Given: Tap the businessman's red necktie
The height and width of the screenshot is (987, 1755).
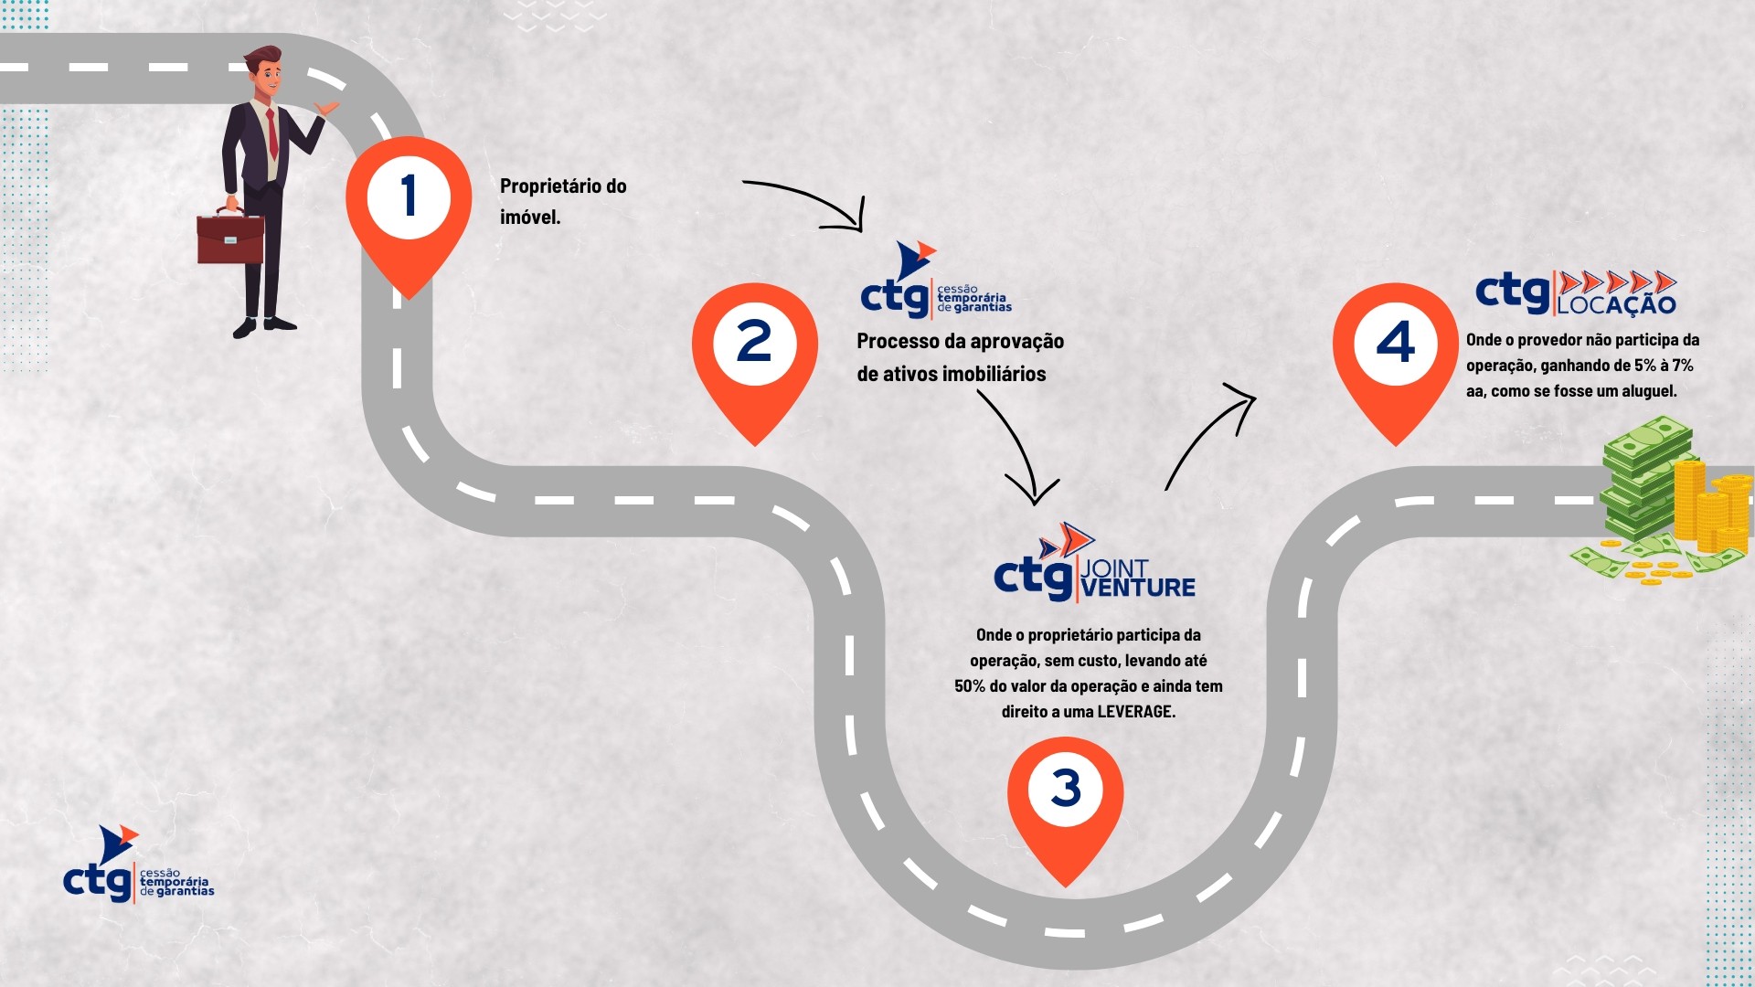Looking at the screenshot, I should point(272,134).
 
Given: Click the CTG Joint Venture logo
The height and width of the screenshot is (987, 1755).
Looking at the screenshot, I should point(1094,567).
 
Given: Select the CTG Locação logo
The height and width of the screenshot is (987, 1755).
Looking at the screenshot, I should point(1576,292).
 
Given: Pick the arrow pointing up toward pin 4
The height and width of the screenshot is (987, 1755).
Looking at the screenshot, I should point(1211,434).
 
